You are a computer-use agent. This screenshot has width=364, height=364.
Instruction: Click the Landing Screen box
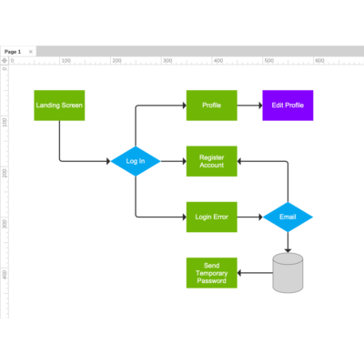tap(59, 106)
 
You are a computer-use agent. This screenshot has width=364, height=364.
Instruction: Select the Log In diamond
tap(136, 161)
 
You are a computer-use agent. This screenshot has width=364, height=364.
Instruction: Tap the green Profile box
tap(212, 106)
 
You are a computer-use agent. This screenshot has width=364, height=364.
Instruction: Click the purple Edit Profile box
tap(288, 106)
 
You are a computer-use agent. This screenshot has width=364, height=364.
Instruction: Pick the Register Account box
tap(212, 161)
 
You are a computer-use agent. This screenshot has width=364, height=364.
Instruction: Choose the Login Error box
tap(212, 217)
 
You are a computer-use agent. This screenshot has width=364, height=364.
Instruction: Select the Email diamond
tap(288, 217)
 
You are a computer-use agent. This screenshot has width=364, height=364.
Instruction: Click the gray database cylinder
tap(288, 273)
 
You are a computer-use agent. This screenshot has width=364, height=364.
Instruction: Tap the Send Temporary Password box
tap(212, 273)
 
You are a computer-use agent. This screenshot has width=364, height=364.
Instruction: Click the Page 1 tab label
tap(13, 52)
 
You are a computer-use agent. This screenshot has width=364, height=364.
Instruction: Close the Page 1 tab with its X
tap(31, 52)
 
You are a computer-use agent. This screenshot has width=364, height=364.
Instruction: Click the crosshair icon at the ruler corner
tap(5, 61)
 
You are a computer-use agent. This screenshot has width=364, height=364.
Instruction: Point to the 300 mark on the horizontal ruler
tap(167, 61)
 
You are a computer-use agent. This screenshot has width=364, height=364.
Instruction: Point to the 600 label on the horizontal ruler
tap(319, 61)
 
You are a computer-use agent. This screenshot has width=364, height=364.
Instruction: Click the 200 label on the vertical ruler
tap(5, 173)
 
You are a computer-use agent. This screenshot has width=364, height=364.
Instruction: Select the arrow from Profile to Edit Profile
tap(249, 106)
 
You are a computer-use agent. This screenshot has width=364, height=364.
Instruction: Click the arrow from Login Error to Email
tap(250, 217)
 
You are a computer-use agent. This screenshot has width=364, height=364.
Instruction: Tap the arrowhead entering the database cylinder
tap(288, 250)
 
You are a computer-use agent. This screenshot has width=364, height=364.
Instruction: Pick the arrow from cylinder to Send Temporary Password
tap(255, 273)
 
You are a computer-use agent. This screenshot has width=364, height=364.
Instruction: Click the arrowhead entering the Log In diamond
tap(108, 161)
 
